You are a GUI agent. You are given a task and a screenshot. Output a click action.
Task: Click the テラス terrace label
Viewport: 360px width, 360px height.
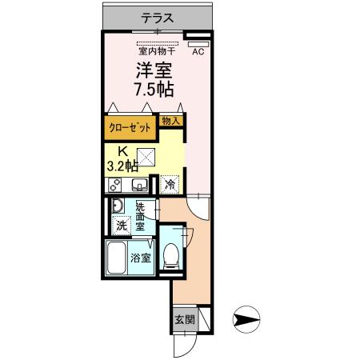click(160, 16)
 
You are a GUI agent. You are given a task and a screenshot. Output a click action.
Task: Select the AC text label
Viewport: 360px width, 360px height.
click(198, 51)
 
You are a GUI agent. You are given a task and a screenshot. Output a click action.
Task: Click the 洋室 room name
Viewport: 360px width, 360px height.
click(153, 70)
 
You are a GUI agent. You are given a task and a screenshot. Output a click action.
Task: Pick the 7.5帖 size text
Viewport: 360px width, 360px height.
click(153, 88)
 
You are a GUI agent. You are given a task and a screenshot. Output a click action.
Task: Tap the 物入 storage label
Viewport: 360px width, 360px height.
click(170, 121)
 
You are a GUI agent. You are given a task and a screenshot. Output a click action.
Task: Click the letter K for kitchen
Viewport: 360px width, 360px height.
click(123, 152)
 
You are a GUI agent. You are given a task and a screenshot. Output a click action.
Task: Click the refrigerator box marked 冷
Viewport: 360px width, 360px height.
click(170, 184)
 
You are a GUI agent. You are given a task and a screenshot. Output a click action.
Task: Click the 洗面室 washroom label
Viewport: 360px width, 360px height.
click(141, 215)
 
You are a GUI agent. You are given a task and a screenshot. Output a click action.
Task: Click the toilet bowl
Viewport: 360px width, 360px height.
click(170, 256)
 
